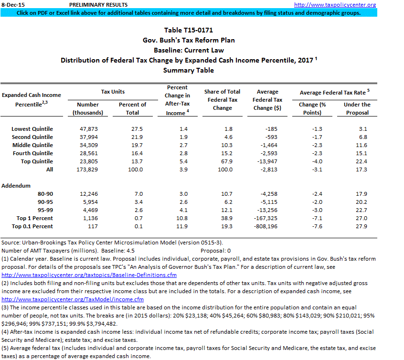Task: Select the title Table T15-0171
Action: click(x=188, y=30)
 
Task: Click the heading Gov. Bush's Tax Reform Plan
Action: click(x=189, y=40)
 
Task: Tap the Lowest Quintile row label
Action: click(x=32, y=129)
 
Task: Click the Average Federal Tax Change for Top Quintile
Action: click(x=267, y=161)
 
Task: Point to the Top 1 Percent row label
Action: click(x=35, y=218)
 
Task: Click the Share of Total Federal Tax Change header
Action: click(x=222, y=100)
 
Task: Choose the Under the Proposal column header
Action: click(x=357, y=108)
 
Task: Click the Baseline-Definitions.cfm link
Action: click(x=89, y=275)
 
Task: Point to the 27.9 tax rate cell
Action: click(x=361, y=226)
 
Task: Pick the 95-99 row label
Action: click(x=45, y=210)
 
